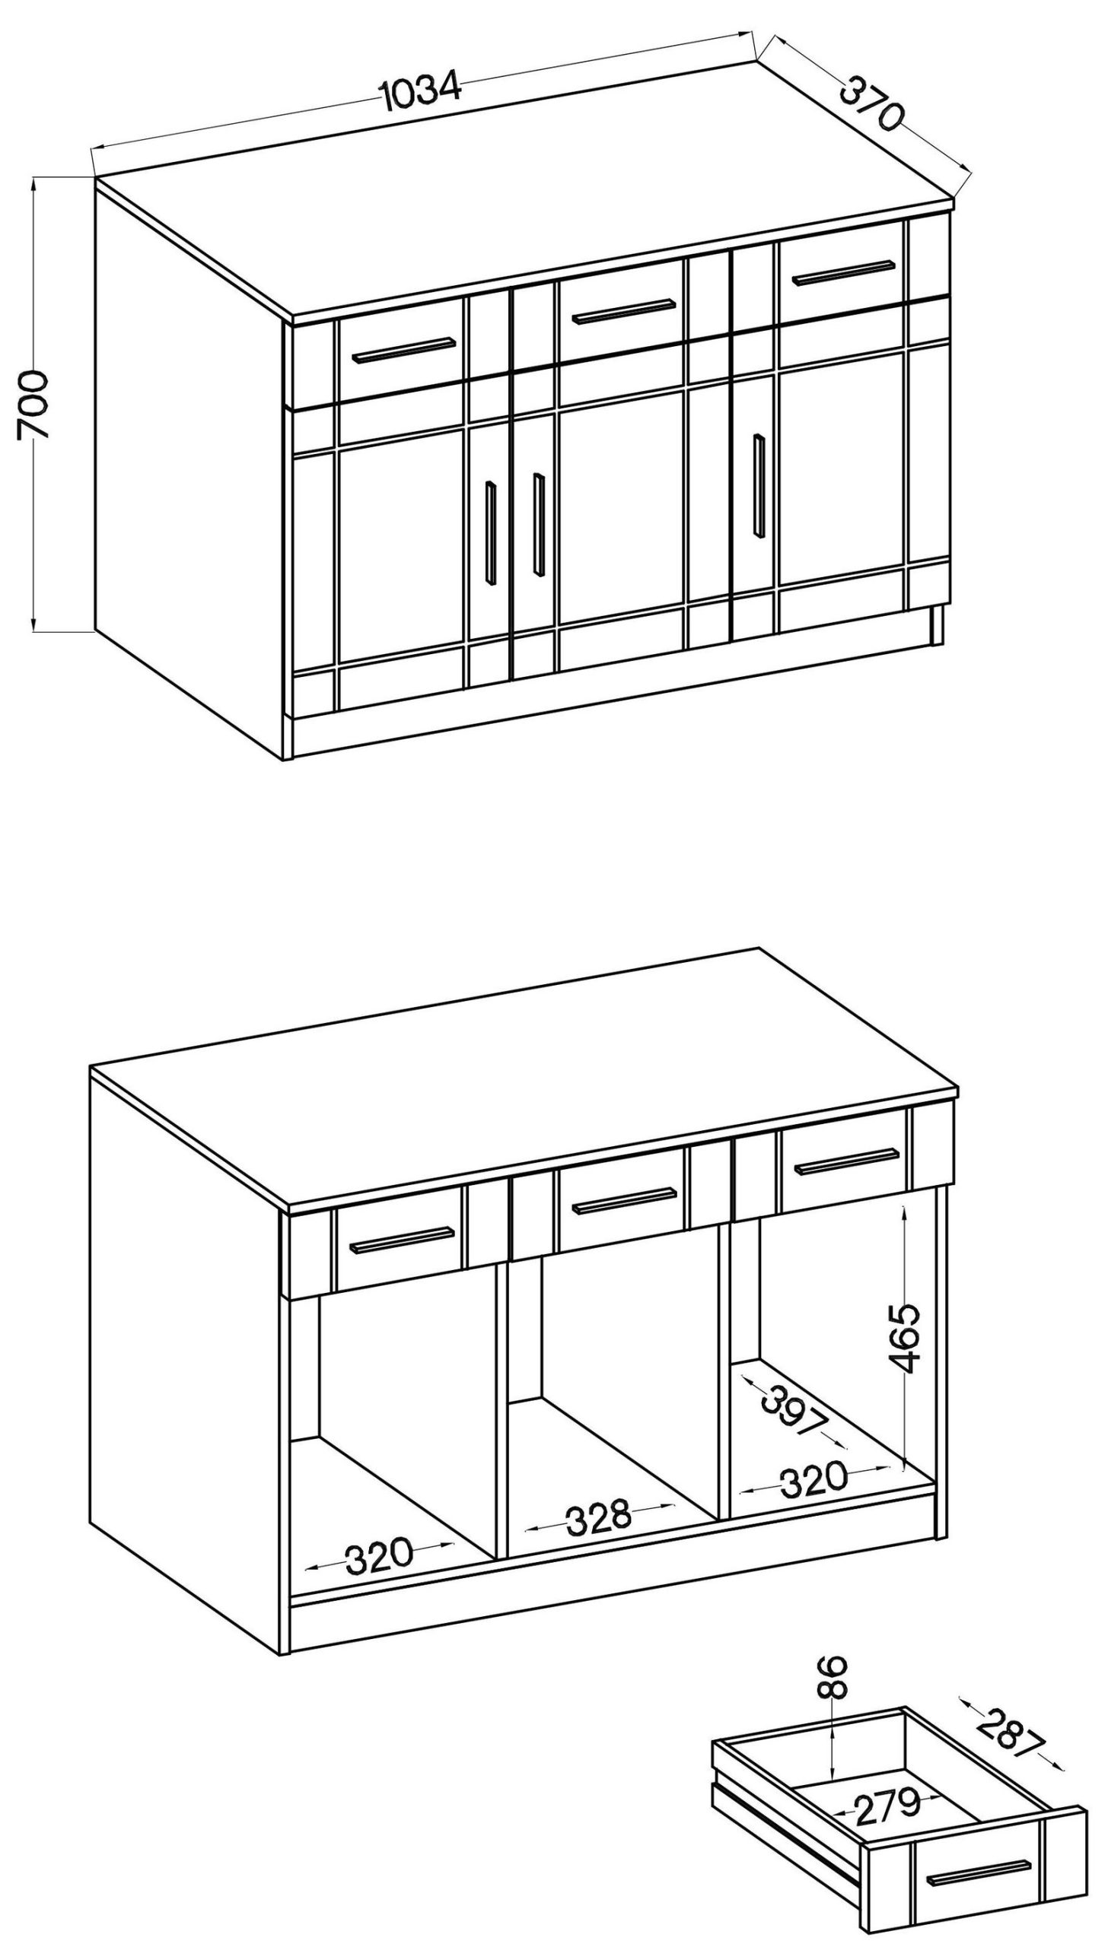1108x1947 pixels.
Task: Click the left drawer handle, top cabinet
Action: coord(404,351)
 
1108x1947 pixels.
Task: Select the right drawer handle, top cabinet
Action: coord(844,272)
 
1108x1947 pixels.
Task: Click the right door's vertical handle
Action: coord(759,485)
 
